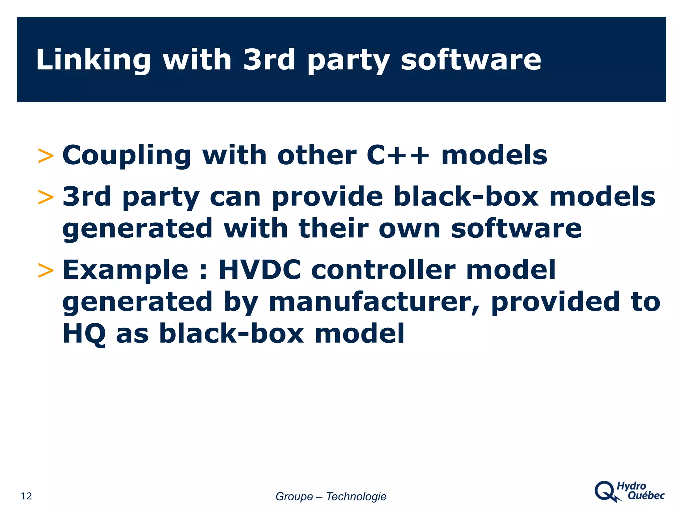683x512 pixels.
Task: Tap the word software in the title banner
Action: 471,60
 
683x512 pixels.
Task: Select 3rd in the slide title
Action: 269,60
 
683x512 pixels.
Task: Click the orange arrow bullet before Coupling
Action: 46,156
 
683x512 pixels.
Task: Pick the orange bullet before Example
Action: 46,270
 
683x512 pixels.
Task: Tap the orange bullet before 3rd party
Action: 46,197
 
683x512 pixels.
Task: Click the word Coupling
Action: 127,156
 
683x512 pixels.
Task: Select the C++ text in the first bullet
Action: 398,155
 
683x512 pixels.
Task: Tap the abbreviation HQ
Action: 84,333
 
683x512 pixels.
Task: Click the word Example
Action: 125,270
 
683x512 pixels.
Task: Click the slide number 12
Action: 26,496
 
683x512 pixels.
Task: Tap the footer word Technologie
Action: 356,496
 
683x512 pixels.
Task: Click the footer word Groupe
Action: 294,496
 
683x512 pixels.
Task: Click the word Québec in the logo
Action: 646,496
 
